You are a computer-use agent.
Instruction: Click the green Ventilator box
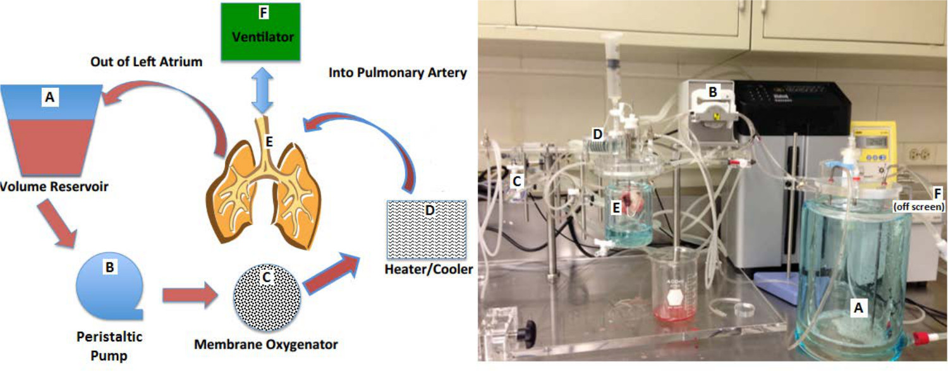tap(259, 32)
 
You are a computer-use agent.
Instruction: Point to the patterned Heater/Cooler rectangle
tap(427, 229)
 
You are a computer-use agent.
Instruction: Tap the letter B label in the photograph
tap(712, 92)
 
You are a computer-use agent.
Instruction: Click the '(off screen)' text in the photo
tap(920, 206)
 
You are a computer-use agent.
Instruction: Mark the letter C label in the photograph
tap(517, 181)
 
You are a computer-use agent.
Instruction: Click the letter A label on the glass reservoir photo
tap(858, 308)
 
